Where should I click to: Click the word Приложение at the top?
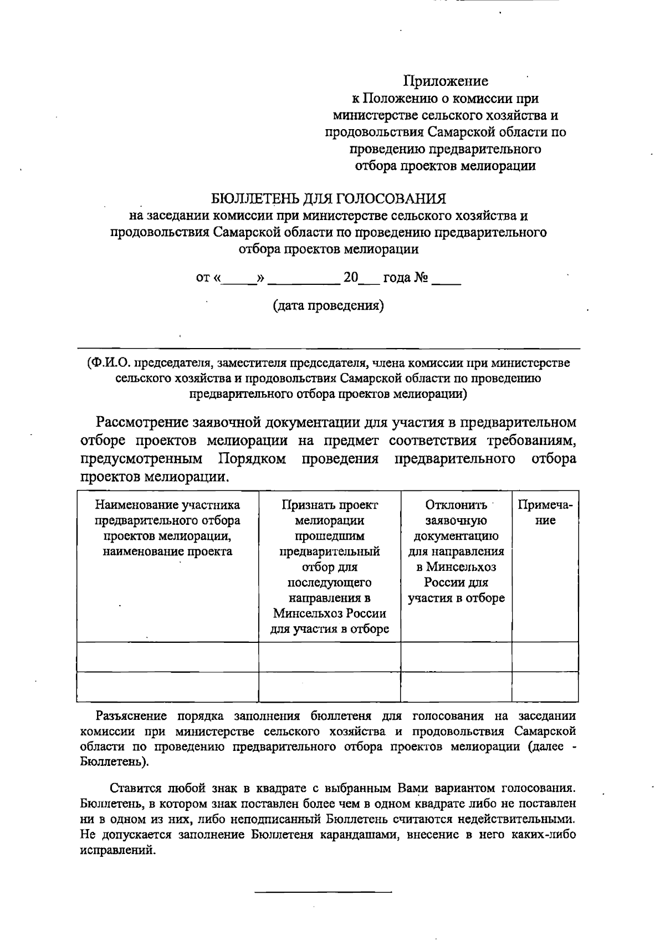pos(446,81)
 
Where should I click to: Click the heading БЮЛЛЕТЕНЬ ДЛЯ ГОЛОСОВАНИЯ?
pos(329,198)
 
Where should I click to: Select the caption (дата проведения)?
pos(328,305)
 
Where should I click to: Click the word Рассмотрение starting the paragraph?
pos(142,422)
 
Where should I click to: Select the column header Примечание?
pos(545,513)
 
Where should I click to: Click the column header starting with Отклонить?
pos(456,551)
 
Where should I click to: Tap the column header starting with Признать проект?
pos(329,567)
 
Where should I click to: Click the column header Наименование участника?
pos(167,528)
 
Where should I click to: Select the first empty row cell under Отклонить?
pos(456,657)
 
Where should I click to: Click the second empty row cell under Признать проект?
pos(329,687)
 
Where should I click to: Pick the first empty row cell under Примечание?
pos(545,657)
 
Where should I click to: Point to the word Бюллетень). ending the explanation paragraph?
pos(114,762)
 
